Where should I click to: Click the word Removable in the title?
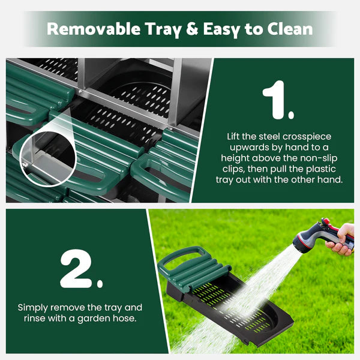coord(94,29)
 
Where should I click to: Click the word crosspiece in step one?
coord(307,137)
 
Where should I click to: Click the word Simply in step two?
coord(32,308)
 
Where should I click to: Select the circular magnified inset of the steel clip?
coord(48,158)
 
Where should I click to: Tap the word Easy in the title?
coord(221,29)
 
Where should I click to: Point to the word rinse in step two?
coord(34,318)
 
